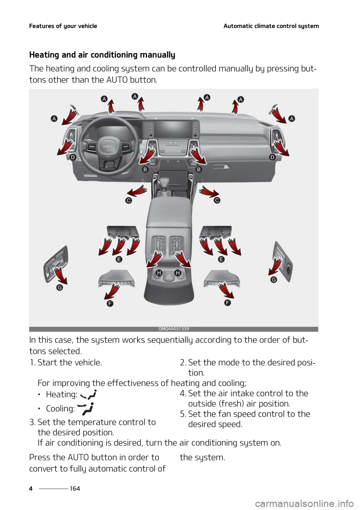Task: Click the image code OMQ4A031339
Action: pos(174,329)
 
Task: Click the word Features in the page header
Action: pos(42,26)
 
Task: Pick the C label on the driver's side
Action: pos(129,201)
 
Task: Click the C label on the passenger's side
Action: pos(217,201)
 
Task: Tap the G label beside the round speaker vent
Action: pos(274,280)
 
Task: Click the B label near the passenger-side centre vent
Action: pos(199,169)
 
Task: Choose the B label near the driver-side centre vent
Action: pos(144,169)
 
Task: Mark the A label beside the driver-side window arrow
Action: pos(54,118)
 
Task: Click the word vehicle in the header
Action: pos(87,26)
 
